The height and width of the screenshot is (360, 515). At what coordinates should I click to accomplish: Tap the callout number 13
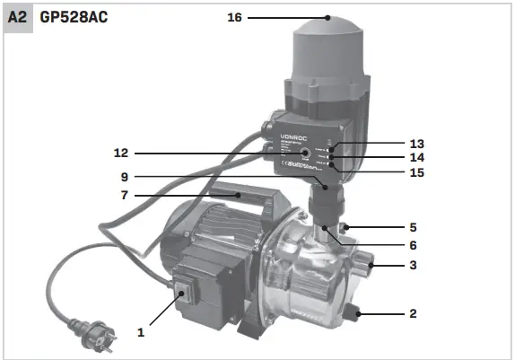[415, 144]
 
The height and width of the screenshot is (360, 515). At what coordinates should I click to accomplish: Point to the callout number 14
[415, 157]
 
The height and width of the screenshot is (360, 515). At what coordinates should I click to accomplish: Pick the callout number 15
[415, 171]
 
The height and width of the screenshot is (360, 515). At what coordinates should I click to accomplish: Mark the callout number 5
[413, 227]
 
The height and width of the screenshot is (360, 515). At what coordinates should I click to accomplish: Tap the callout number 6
[413, 244]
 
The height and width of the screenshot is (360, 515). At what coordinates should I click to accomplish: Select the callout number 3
[413, 266]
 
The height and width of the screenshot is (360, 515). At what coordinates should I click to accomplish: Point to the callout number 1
[141, 331]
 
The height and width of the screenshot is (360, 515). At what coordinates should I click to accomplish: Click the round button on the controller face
[307, 154]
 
